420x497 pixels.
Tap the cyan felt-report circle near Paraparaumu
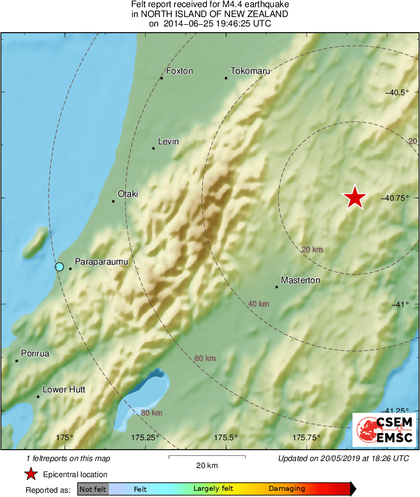(x=59, y=266)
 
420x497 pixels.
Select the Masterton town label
(x=300, y=280)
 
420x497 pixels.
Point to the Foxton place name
(x=180, y=71)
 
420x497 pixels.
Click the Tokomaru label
(x=250, y=71)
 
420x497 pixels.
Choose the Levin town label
(x=168, y=142)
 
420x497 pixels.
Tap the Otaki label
(x=127, y=194)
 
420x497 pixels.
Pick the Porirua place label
(x=35, y=354)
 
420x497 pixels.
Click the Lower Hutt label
(x=64, y=390)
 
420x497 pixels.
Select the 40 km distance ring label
(x=258, y=304)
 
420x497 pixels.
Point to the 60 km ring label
(x=205, y=358)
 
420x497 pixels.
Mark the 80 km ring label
(x=151, y=413)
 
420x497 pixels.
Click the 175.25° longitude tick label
(x=145, y=437)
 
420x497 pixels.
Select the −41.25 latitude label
(x=397, y=410)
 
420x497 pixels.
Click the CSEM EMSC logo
(x=385, y=430)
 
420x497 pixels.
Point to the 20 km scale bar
(x=207, y=457)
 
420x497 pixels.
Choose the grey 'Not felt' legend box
(x=93, y=489)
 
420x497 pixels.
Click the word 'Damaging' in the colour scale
(x=287, y=489)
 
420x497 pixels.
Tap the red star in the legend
(x=31, y=474)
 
